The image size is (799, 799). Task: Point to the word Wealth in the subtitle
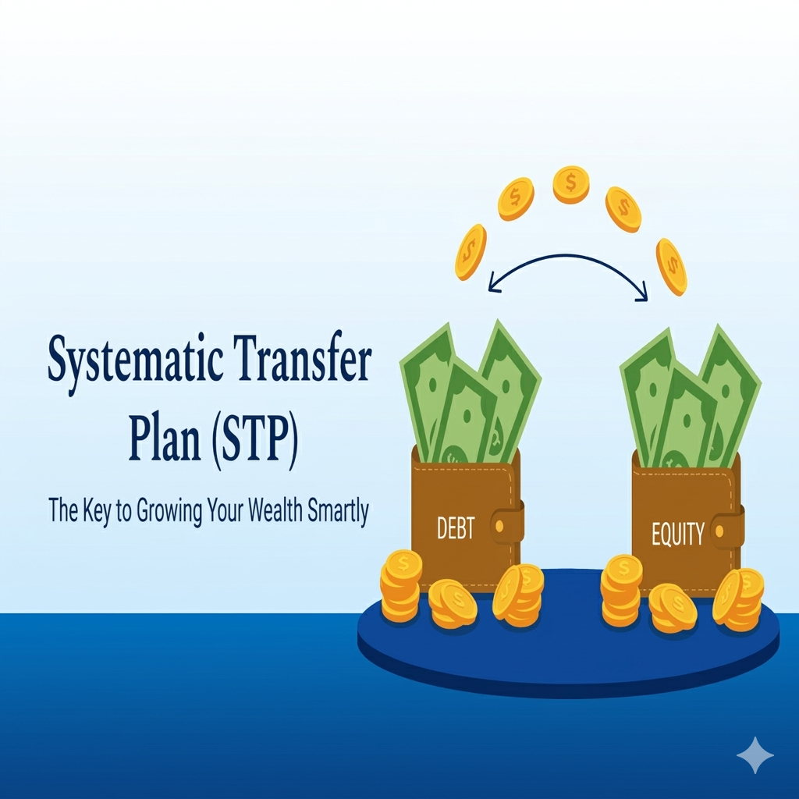coord(275,510)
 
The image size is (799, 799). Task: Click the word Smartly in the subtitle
coord(338,511)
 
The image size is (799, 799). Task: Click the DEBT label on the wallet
coord(456,528)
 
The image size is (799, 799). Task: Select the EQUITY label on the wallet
coord(678,534)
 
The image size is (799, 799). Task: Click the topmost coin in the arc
coord(571,184)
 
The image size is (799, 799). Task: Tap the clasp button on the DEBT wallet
coord(499,526)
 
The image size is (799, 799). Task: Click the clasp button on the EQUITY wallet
coord(719,532)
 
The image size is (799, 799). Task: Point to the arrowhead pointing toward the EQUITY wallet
coord(644,294)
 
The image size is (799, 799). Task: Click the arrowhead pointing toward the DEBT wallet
coord(493,285)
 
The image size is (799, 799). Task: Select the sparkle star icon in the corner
coord(755,755)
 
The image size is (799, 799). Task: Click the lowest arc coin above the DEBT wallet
coord(471,252)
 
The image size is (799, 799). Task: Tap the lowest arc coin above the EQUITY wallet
coord(671,267)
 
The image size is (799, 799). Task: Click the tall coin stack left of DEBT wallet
coord(401,586)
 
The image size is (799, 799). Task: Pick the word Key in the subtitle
coord(96,510)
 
